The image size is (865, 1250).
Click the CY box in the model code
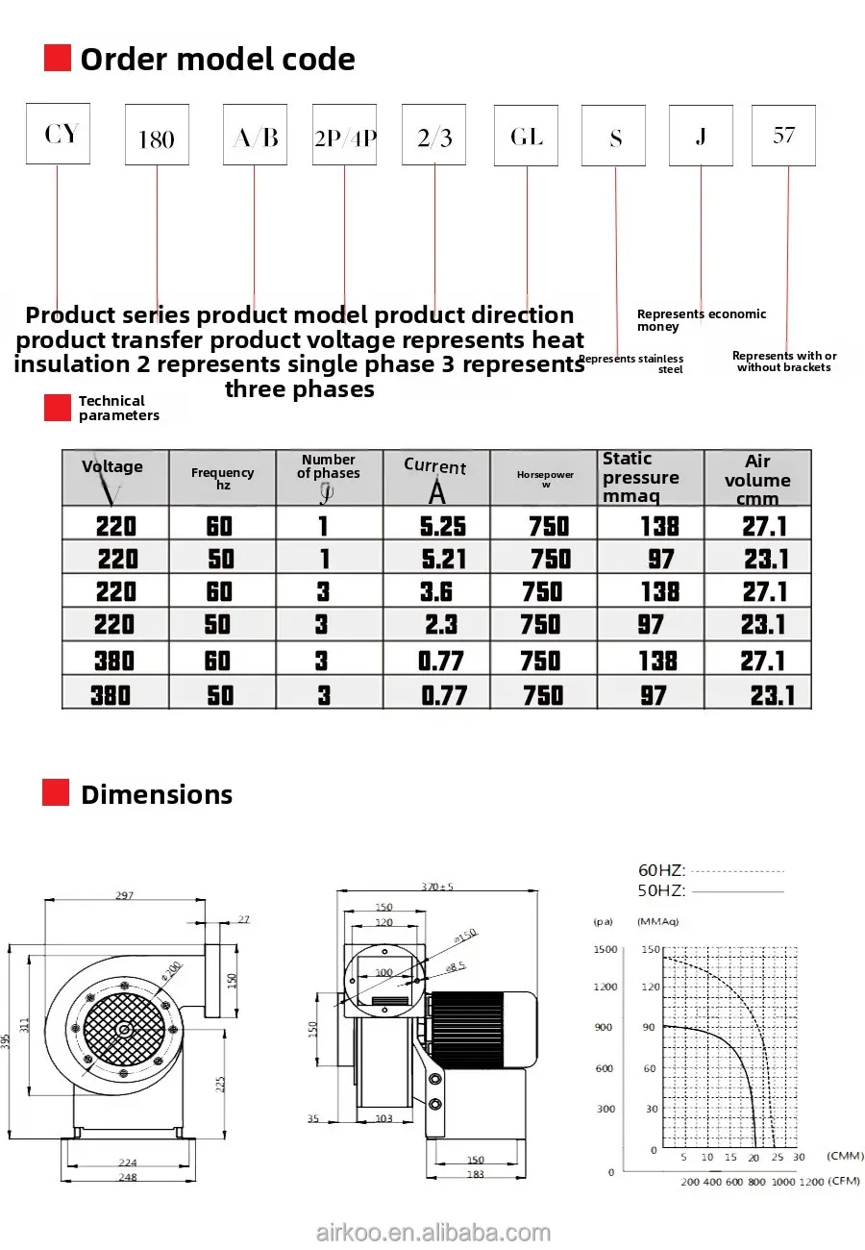[58, 134]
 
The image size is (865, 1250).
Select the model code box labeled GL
[526, 136]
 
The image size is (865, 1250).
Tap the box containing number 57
[783, 135]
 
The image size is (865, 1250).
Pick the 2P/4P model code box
[344, 136]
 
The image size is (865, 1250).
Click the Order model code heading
[217, 60]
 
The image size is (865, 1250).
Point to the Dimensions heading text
[156, 794]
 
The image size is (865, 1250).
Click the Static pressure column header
[640, 478]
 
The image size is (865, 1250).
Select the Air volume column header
[757, 479]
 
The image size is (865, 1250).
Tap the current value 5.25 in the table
[443, 526]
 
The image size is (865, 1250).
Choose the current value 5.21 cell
[443, 559]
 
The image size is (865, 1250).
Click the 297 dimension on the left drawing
[124, 895]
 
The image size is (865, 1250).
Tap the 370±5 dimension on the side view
[437, 886]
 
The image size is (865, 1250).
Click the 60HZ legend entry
[662, 871]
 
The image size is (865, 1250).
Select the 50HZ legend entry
[662, 890]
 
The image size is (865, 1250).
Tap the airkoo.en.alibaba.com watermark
[432, 1233]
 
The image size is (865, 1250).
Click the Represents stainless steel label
[631, 363]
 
